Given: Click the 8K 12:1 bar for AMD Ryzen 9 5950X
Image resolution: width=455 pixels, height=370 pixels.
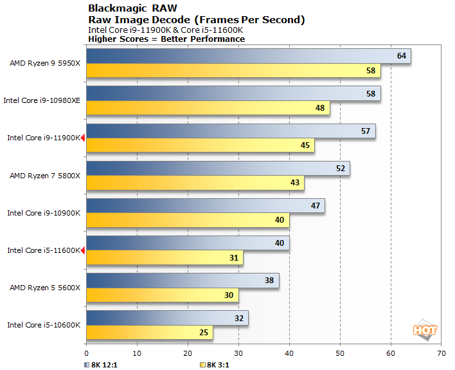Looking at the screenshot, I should (247, 56).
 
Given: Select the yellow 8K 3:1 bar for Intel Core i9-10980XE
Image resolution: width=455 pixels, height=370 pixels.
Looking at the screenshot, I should (207, 108).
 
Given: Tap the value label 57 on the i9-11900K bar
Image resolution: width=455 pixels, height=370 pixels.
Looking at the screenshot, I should (366, 131).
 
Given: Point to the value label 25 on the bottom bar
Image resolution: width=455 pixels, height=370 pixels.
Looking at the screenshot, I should (203, 333).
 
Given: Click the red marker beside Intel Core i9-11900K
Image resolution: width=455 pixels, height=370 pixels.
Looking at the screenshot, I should (83, 138).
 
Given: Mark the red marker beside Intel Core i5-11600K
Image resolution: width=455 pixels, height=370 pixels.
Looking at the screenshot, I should (83, 250).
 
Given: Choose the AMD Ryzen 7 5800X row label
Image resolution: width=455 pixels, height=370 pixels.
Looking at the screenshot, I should (45, 175).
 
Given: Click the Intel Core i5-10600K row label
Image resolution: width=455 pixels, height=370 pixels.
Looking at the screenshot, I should (44, 325).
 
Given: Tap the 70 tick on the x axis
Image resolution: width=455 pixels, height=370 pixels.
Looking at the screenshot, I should (441, 353).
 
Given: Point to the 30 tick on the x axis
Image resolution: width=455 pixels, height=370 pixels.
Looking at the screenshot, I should (238, 353).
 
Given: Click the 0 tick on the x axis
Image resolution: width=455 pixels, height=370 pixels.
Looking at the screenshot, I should (86, 353).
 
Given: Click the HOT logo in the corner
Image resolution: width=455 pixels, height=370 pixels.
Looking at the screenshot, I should (425, 329).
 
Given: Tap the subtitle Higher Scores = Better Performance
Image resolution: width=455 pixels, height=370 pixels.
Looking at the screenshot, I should (166, 39).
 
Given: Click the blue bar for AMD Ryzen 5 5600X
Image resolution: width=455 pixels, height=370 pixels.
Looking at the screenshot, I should (183, 281).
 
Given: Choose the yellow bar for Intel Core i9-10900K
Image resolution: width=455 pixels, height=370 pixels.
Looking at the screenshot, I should (187, 221).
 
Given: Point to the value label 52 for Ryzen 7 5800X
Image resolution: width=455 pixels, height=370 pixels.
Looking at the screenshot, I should (340, 169).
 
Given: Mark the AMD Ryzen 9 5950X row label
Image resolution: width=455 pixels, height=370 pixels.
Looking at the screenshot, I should (45, 63).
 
